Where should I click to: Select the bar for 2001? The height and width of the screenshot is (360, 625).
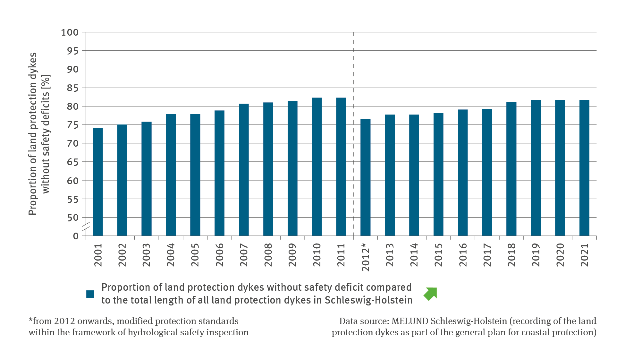coord(98,182)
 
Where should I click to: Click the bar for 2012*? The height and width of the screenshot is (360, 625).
coord(365,177)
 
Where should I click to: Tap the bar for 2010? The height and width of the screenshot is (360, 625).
coord(317,167)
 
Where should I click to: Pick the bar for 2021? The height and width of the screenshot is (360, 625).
coord(584,168)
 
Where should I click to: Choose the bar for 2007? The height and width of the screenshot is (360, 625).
coord(244,170)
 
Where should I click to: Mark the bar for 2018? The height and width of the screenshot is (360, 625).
coord(511,169)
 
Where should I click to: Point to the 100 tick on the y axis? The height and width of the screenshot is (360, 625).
coord(70,32)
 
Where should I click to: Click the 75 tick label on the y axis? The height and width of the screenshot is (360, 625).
coord(72,125)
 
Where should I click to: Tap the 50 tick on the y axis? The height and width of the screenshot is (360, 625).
coord(73,218)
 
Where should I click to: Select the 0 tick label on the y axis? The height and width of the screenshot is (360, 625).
coord(76,236)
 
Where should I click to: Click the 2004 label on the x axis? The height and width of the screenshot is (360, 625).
coord(171,255)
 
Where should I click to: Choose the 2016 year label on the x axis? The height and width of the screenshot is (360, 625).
coord(463,255)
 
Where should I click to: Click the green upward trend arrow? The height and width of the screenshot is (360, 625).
coord(430,294)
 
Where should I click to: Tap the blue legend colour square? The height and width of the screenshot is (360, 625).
coord(90,294)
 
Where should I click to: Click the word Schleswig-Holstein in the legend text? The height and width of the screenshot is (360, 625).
coord(368,300)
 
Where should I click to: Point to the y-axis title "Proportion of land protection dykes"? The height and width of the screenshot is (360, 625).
coord(33,133)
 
